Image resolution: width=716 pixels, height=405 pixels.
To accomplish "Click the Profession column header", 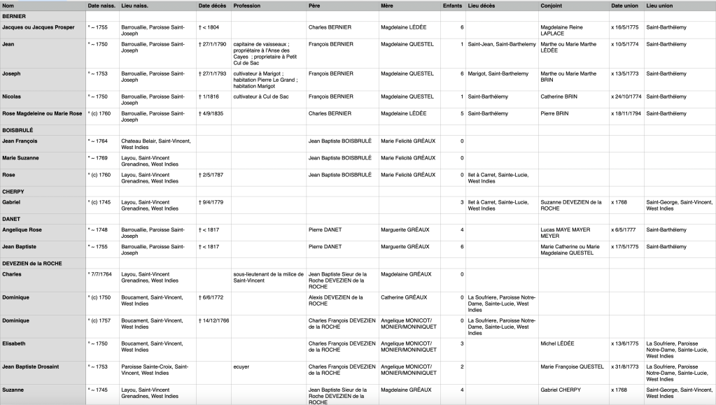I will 247,6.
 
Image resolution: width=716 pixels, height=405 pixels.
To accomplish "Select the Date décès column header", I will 212,6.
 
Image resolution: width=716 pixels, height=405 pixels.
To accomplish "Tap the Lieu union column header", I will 660,6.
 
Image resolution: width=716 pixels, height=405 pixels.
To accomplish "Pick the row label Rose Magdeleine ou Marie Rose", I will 42,113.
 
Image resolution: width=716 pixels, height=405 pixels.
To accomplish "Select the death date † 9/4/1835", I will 211,113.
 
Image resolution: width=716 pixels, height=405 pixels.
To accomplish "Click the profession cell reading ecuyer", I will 241,367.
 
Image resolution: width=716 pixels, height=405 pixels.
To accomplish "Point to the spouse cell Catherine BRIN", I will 560,96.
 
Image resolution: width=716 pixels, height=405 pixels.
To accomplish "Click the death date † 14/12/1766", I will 213,320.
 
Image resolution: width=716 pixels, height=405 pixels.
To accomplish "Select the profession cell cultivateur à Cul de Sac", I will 262,96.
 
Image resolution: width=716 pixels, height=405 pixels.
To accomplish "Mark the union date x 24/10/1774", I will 626,96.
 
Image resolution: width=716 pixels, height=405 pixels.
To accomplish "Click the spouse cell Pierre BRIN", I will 554,113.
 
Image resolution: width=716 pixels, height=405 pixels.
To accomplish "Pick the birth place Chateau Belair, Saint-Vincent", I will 156,141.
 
